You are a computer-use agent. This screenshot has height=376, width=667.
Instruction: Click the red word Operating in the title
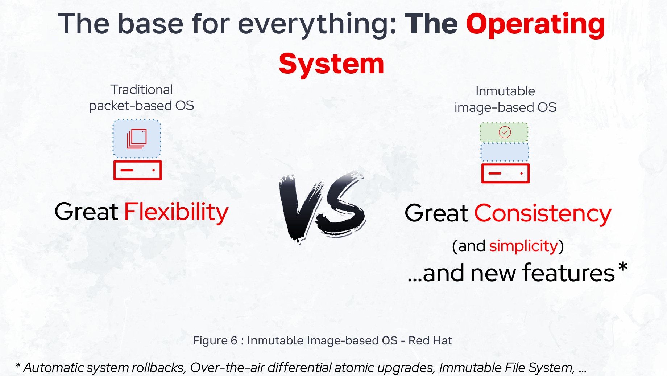tap(535, 25)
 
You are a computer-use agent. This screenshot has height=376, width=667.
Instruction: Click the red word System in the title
tap(331, 64)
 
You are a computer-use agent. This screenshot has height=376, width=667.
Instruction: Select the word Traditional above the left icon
tap(141, 90)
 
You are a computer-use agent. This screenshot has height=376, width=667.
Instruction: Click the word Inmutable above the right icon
tap(505, 91)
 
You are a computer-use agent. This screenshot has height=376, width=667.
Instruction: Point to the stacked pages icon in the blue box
tap(137, 139)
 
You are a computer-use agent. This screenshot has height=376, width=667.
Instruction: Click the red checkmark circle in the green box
tap(505, 132)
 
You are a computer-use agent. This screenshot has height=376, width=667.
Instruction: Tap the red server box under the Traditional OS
tap(137, 170)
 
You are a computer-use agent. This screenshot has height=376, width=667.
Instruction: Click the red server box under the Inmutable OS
tap(505, 173)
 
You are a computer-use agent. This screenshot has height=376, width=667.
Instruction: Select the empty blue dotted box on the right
tap(505, 152)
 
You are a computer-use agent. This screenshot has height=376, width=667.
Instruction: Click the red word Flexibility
tap(176, 212)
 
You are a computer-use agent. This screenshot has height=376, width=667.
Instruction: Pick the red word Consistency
tap(543, 213)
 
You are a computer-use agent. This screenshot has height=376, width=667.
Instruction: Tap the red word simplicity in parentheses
tap(523, 246)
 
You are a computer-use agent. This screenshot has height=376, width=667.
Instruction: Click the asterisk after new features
tap(622, 268)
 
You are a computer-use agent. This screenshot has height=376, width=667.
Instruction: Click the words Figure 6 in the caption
tap(215, 340)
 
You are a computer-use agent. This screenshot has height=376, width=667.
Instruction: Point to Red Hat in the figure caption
tap(430, 340)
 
